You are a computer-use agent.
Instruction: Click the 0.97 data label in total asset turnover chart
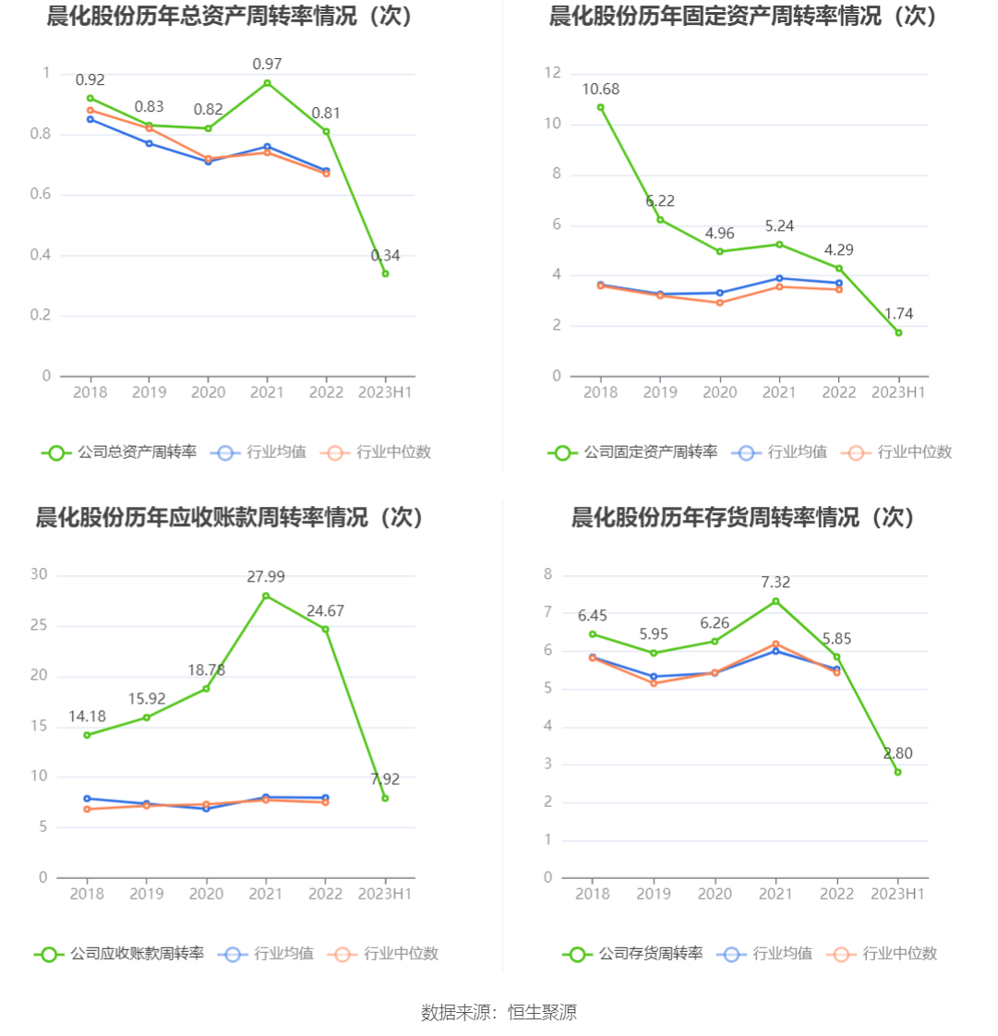click(x=267, y=65)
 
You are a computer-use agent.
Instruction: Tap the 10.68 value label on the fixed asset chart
click(x=600, y=90)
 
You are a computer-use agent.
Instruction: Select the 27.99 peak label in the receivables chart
click(x=266, y=577)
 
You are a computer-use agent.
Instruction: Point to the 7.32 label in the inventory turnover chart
click(x=776, y=583)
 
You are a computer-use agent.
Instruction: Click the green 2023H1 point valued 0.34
click(x=385, y=273)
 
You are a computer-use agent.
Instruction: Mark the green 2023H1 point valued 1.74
click(x=898, y=332)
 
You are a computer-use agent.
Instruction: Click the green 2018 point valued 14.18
click(x=87, y=735)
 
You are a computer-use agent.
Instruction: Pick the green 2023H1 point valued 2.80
click(x=897, y=772)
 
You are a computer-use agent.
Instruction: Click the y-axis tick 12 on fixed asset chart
click(x=554, y=73)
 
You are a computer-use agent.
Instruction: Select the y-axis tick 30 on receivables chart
click(x=39, y=574)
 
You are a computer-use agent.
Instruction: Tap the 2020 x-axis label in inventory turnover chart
click(x=715, y=894)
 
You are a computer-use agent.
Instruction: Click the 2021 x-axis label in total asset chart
click(x=267, y=392)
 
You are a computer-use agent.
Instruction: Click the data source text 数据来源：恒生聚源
click(x=499, y=1013)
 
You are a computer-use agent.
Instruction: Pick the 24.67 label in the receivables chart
click(x=325, y=611)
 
